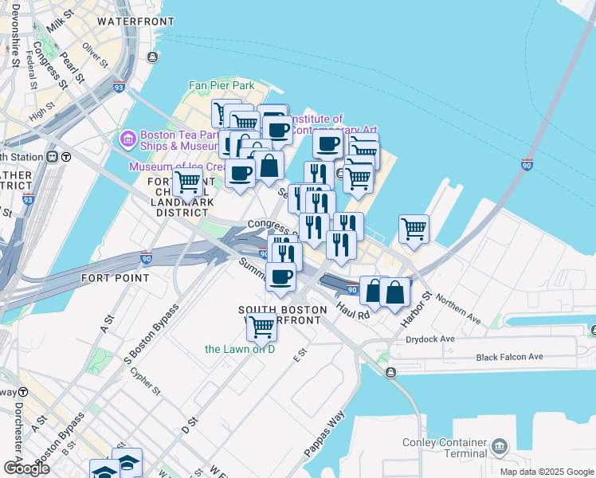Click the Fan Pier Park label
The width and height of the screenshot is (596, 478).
click(x=222, y=84)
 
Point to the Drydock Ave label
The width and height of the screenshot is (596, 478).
click(x=429, y=339)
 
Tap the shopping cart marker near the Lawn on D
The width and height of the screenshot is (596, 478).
click(x=261, y=325)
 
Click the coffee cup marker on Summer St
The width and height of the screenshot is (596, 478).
click(x=280, y=276)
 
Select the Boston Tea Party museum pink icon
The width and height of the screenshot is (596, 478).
click(x=127, y=140)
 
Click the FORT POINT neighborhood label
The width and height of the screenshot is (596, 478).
click(x=115, y=278)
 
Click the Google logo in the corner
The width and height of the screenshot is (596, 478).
click(x=25, y=468)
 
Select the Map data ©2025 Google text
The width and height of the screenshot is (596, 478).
click(x=547, y=472)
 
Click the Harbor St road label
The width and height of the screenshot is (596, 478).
click(x=416, y=307)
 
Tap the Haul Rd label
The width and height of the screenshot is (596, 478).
click(x=353, y=309)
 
